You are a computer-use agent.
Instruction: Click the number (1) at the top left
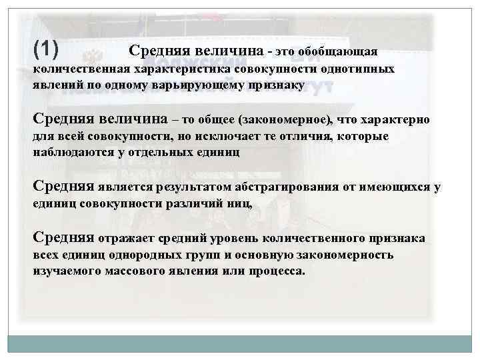(x=45, y=48)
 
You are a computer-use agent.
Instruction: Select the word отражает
(x=123, y=239)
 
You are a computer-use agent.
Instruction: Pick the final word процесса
(x=275, y=272)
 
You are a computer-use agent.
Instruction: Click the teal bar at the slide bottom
(x=239, y=344)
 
